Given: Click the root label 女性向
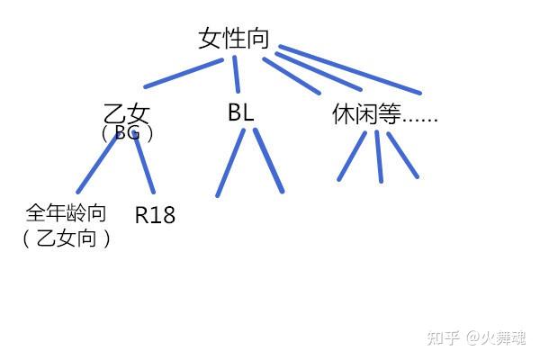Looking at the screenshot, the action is click(x=233, y=38).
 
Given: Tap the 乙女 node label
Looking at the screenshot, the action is click(x=127, y=114).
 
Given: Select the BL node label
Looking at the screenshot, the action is click(x=240, y=113).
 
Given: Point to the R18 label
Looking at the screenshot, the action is click(x=155, y=216).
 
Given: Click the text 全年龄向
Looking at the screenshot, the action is click(x=67, y=213).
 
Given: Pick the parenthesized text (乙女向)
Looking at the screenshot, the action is click(x=67, y=238).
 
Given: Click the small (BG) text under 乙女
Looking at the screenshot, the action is click(x=127, y=134).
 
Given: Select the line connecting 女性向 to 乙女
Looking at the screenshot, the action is click(x=184, y=74).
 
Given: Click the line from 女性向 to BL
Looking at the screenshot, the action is click(x=238, y=73).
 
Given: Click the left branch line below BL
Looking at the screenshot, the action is click(x=230, y=162).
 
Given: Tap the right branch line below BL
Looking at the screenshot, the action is click(x=268, y=161).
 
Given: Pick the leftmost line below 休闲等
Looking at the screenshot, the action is click(x=352, y=156).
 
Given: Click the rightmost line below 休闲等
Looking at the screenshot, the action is click(x=403, y=155).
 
